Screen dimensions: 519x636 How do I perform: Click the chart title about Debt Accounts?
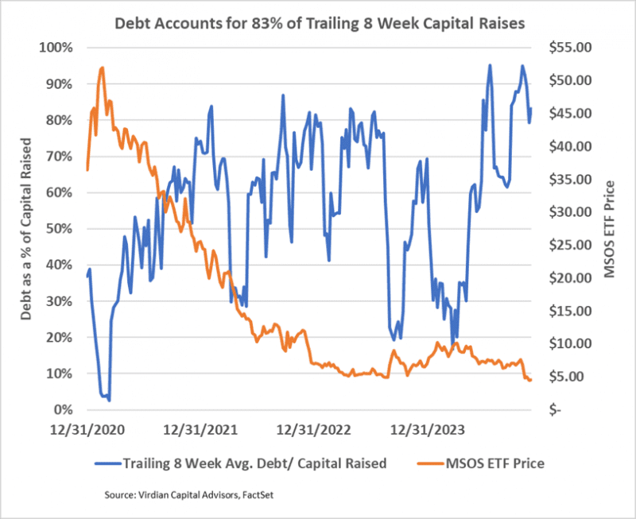(x=318, y=23)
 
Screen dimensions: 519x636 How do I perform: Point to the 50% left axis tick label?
(x=59, y=229)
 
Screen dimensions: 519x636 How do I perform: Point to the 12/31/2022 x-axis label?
(x=311, y=431)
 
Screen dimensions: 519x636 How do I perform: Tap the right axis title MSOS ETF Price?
(x=610, y=229)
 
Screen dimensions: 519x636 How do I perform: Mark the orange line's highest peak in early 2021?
(x=103, y=68)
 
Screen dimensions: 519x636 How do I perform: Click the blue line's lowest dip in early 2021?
(x=109, y=400)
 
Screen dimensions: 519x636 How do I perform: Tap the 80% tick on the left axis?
(x=59, y=120)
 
